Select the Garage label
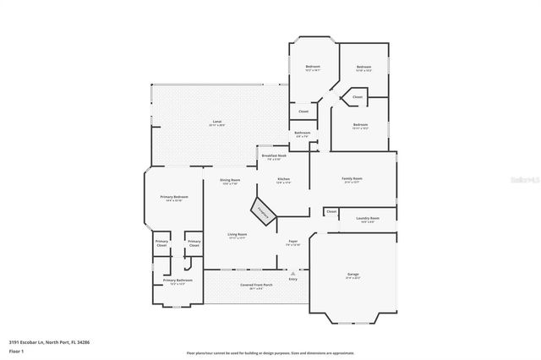(352, 275)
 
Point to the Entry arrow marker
(293, 275)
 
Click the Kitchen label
(285, 180)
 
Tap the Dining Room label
(230, 181)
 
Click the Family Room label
(352, 179)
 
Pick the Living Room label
(237, 235)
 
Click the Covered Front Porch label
(256, 286)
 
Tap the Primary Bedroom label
(174, 198)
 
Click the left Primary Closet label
(161, 243)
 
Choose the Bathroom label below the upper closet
(302, 134)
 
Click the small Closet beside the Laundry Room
(331, 211)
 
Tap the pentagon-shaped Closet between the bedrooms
(358, 97)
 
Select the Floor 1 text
(15, 351)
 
